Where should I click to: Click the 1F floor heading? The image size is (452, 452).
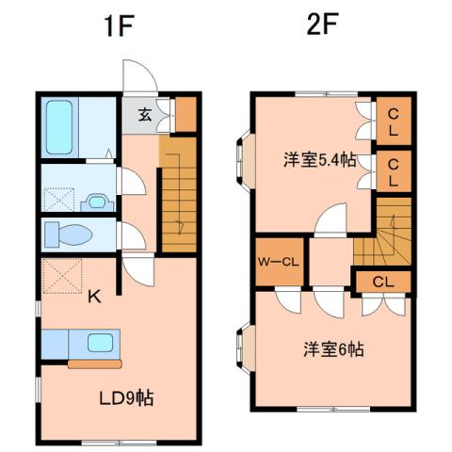click(x=120, y=25)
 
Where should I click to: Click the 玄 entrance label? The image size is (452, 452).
click(x=145, y=116)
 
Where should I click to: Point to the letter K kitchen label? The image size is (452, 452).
click(x=94, y=299)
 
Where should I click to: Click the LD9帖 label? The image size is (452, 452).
click(x=126, y=397)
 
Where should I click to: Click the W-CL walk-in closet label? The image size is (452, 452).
click(x=278, y=262)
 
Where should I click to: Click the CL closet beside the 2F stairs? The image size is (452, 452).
click(x=382, y=281)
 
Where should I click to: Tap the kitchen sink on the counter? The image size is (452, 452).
click(x=100, y=342)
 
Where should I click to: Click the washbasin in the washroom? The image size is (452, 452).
click(x=95, y=201)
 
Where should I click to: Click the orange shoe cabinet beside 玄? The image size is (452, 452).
click(x=186, y=113)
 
